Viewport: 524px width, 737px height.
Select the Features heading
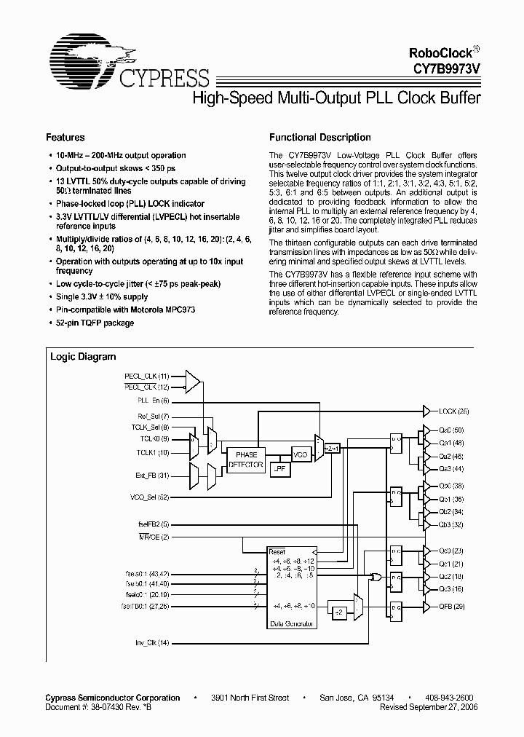(65, 137)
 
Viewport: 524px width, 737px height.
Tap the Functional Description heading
(320, 137)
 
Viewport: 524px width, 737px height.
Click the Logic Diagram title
(83, 357)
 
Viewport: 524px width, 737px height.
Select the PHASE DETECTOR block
(246, 459)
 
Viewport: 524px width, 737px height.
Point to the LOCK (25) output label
(454, 411)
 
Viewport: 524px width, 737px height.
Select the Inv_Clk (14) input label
(152, 642)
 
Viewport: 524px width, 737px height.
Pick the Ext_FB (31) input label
(152, 476)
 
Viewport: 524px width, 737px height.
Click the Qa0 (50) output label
(452, 431)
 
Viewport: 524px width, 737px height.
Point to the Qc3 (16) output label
(452, 588)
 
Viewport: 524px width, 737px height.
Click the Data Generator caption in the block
(293, 624)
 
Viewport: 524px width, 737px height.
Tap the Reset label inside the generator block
(278, 551)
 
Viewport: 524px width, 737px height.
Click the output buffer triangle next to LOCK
(426, 411)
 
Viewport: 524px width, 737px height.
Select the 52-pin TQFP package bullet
(95, 323)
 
